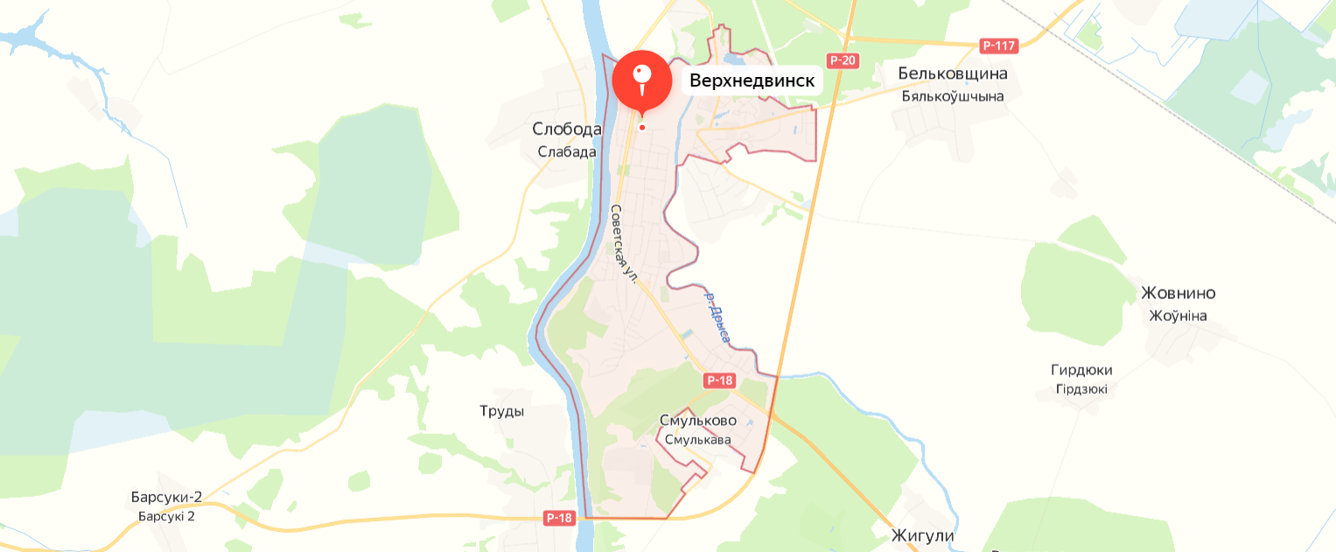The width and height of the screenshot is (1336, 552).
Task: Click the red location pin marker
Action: [641, 79]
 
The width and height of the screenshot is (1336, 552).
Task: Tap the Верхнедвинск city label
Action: [752, 81]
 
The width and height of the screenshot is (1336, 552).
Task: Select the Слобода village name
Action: [567, 129]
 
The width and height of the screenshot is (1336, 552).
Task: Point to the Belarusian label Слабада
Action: [567, 151]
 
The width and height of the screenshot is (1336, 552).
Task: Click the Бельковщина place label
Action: [953, 73]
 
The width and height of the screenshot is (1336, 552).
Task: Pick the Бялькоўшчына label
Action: [953, 96]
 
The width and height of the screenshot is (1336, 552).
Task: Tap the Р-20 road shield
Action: [843, 60]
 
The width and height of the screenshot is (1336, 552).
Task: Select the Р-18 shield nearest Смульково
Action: [719, 381]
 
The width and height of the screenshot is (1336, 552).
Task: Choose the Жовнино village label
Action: [1178, 293]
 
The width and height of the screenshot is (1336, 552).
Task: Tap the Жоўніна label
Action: [1178, 316]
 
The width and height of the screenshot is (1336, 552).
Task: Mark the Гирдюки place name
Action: [1081, 370]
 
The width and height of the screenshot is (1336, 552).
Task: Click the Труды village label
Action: [502, 411]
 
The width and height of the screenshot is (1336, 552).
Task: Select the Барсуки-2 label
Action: [166, 498]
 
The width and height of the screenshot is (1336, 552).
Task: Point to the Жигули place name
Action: [922, 535]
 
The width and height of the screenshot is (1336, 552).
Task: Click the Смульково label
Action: [697, 421]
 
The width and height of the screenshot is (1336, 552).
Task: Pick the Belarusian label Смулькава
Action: [697, 440]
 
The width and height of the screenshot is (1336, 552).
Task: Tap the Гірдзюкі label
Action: [1081, 389]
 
